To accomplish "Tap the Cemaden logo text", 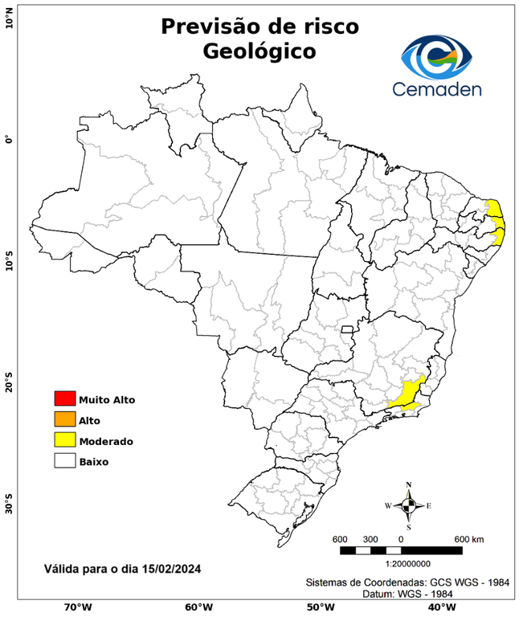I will pos(437,88).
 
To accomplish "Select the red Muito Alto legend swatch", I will pos(64,398).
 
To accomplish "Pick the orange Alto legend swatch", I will pos(64,419).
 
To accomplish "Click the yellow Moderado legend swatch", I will pos(64,440).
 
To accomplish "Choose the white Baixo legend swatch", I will pos(64,461).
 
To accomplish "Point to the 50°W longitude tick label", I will pos(318,607).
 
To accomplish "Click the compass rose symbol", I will pos(408,505).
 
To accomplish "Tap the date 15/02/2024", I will pos(171,569).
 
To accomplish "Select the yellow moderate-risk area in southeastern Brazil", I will pos(410,395).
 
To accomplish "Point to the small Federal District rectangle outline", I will pos(348,329).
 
